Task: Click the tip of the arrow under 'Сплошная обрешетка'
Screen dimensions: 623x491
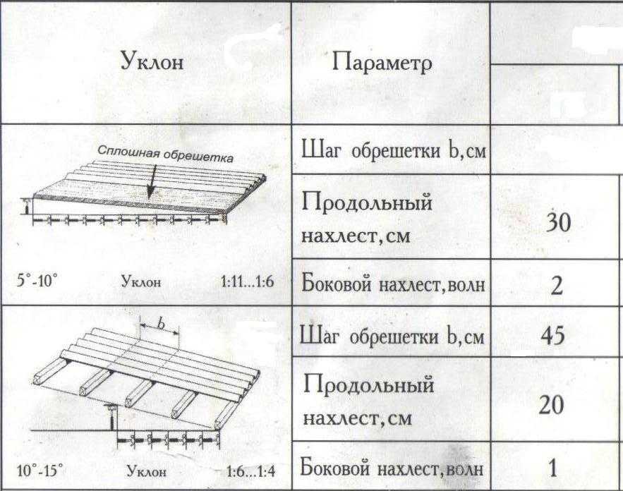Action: (150, 198)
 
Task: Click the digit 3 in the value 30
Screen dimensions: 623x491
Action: (552, 222)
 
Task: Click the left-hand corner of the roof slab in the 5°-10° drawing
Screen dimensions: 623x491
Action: (34, 195)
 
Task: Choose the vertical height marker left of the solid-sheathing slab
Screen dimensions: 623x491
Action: (26, 207)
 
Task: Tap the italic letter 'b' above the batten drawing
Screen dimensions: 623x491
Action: (161, 324)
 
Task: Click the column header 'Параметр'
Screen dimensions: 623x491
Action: (382, 63)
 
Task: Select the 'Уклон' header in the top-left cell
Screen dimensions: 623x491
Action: (152, 61)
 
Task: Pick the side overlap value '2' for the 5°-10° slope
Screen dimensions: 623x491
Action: (557, 285)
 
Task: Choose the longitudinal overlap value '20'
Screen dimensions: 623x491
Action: (552, 405)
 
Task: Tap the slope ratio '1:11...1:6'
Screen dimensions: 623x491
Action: (248, 281)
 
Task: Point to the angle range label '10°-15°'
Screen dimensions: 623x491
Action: (40, 471)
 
